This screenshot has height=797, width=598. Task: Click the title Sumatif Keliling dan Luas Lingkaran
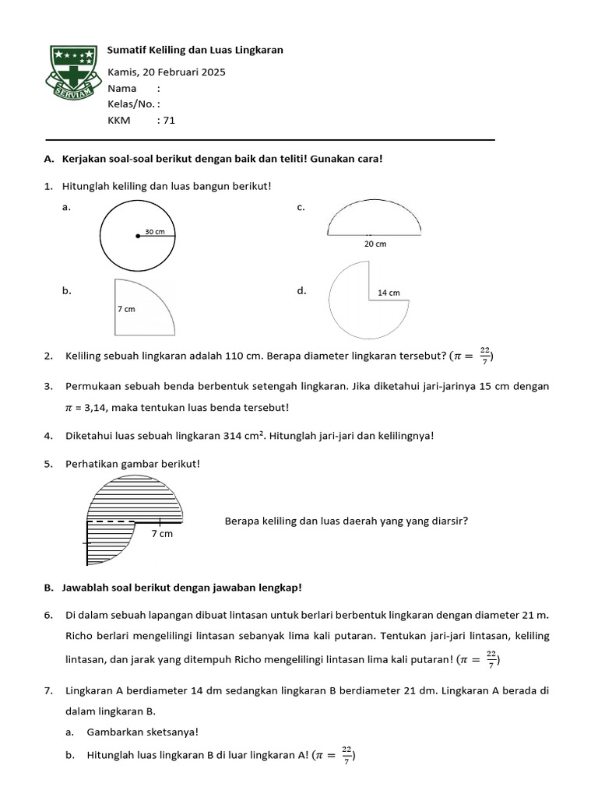tap(195, 50)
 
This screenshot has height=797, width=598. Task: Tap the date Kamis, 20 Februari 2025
tap(167, 72)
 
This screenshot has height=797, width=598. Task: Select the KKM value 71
tap(169, 120)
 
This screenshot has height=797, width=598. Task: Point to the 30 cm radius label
tap(155, 231)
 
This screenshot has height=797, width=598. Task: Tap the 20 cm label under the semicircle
tap(375, 244)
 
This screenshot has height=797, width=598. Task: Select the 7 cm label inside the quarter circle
tap(127, 309)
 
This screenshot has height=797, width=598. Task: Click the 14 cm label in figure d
tap(389, 293)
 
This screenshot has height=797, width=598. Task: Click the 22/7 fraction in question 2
tap(484, 356)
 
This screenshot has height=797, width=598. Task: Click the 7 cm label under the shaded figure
tap(162, 534)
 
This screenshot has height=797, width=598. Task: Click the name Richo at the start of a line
tap(80, 637)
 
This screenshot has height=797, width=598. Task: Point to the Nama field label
tap(121, 89)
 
